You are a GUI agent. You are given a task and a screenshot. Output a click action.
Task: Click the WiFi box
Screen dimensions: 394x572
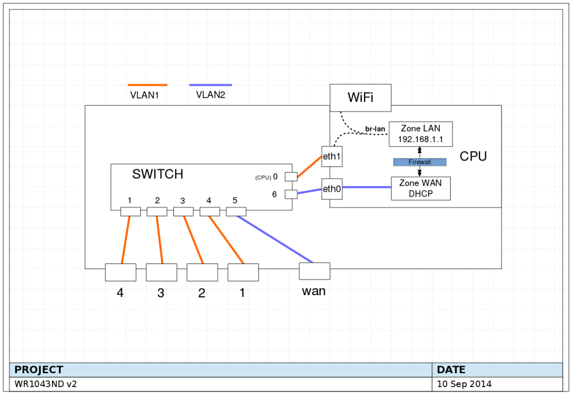360,98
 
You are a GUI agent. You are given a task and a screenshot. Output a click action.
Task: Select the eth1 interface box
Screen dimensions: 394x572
332,157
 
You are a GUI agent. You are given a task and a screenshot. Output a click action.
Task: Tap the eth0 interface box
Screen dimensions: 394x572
332,189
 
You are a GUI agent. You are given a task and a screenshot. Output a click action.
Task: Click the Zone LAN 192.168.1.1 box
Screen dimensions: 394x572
420,134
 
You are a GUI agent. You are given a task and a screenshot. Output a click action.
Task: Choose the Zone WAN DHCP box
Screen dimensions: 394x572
420,189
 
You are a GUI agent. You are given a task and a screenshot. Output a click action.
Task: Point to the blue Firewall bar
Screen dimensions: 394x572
419,162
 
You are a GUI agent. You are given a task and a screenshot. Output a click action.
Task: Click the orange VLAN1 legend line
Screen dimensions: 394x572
147,85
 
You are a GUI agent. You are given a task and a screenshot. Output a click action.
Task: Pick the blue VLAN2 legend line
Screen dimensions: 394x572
210,85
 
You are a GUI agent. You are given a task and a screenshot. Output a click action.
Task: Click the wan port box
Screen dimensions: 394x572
314,271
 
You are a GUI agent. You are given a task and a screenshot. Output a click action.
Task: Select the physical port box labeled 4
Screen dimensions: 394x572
120,272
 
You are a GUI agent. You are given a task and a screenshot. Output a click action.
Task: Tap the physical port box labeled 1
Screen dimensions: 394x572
243,272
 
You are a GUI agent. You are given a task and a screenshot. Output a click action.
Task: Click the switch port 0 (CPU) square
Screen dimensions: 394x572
291,176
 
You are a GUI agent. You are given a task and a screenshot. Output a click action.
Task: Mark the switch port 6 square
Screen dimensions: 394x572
291,194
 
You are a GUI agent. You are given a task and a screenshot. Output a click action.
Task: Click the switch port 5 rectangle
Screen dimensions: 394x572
236,211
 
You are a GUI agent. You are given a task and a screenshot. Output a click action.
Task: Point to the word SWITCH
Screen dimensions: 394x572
158,174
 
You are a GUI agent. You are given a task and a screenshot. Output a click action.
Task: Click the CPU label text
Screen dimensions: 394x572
473,156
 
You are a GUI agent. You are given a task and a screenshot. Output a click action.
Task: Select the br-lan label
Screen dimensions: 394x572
375,128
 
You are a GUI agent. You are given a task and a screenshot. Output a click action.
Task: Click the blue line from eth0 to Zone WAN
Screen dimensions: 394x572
366,187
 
